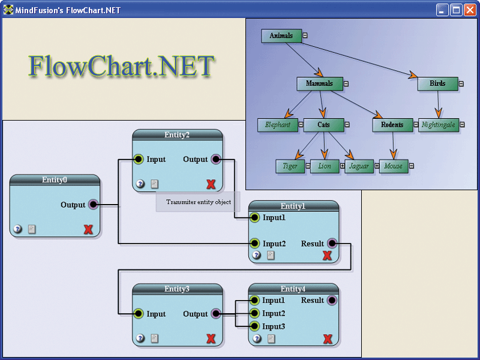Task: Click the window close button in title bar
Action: (x=470, y=10)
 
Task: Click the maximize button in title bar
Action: (x=456, y=10)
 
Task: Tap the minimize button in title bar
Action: (x=442, y=10)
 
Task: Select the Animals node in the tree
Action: (x=281, y=36)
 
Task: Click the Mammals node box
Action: (x=319, y=84)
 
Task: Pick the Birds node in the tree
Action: (x=437, y=84)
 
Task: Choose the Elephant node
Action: (x=278, y=125)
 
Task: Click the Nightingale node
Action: (x=439, y=125)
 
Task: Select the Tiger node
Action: (x=290, y=166)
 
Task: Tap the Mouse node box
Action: (x=393, y=166)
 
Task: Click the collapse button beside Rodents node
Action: (x=417, y=125)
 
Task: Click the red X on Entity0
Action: (x=88, y=229)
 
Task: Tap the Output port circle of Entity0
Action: (x=93, y=205)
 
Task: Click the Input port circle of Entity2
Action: (x=138, y=160)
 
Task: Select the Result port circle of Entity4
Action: (x=332, y=300)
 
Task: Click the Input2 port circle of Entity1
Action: (x=254, y=244)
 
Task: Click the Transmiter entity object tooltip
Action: (x=198, y=202)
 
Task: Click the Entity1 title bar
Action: (x=293, y=206)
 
